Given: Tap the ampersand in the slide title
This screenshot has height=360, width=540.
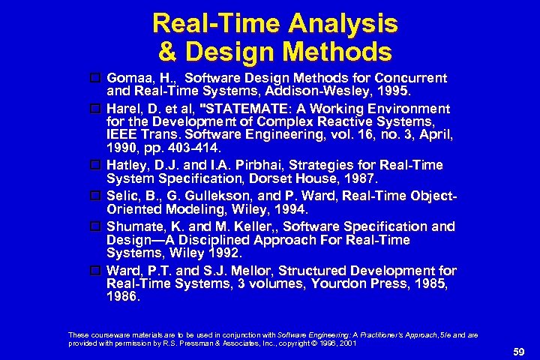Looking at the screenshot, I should (x=166, y=52).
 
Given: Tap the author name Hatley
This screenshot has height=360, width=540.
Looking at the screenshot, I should (x=127, y=165).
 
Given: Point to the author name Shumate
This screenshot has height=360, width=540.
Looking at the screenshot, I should (x=134, y=226).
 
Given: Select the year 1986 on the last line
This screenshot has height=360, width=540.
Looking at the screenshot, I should (x=123, y=297).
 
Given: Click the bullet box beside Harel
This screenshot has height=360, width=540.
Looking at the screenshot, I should (x=96, y=109).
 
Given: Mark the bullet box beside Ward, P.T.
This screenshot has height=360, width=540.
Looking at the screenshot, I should (x=96, y=270).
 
